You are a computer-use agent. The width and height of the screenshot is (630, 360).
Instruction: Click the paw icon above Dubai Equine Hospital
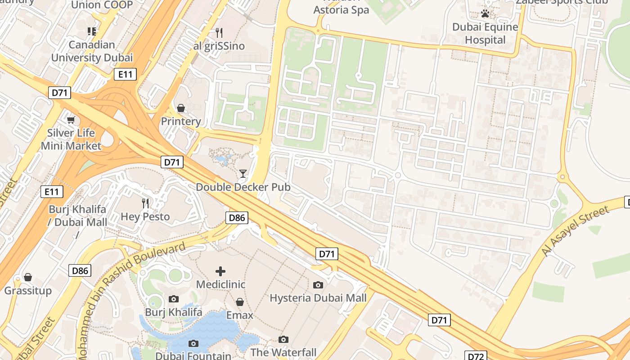coord(485,13)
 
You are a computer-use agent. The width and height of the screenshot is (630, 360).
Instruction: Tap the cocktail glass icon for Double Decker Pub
coord(243,173)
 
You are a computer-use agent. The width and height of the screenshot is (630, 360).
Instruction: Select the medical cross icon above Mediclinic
coord(220,271)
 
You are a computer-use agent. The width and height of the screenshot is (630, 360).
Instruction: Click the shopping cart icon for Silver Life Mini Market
coord(71,120)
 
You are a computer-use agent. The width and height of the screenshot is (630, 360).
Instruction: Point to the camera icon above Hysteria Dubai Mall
coord(318,285)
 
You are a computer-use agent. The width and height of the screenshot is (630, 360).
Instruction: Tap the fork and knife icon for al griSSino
coord(219,32)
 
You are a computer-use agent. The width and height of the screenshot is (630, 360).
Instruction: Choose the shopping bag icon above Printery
coord(181,108)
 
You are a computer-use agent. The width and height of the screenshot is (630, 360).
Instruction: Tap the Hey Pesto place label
coord(145,216)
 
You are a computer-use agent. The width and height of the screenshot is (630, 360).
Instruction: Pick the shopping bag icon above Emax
coord(240,302)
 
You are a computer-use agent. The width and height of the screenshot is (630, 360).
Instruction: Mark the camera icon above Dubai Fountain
coord(193,343)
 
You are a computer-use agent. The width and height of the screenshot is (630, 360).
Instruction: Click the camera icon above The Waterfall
coord(283,339)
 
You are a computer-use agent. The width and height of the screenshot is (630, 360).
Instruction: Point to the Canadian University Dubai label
coord(92,51)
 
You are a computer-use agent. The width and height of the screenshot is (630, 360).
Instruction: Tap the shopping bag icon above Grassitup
coord(28,277)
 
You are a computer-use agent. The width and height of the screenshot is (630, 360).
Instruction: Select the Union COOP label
coord(102,5)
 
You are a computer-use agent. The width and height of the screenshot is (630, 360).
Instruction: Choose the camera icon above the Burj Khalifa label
coord(174,299)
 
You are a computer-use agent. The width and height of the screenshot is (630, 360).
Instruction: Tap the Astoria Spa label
coord(341,9)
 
